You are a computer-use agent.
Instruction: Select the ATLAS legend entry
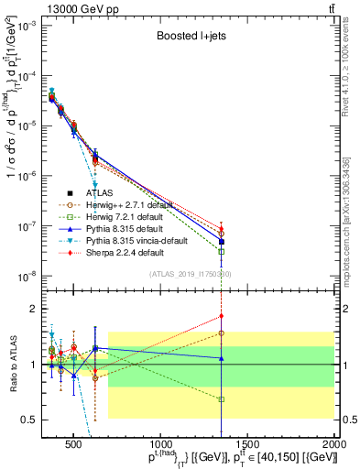101,193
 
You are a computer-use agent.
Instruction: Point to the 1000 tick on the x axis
161,446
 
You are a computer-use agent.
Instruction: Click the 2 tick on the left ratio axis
37,309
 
